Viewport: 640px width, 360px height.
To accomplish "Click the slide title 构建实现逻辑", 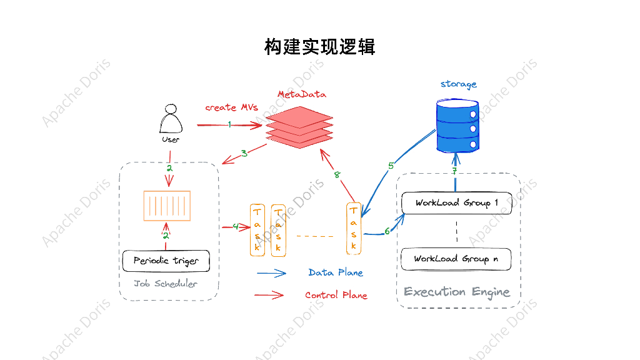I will (x=319, y=47).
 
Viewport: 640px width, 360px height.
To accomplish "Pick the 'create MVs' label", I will (x=231, y=107).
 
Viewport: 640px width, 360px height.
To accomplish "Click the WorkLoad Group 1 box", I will (x=456, y=203).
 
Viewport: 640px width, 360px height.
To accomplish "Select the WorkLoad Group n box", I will (x=456, y=259).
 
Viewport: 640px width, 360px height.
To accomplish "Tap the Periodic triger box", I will (x=166, y=261).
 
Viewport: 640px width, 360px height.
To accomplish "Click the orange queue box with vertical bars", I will (x=167, y=206).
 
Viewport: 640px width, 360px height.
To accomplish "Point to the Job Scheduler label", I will (x=165, y=284).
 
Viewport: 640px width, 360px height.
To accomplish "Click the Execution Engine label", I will (x=457, y=292).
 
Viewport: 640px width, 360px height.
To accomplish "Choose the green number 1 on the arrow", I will (x=229, y=124).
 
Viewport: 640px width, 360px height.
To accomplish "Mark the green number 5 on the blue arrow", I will (x=391, y=166).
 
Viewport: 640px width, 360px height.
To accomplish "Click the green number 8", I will (x=337, y=175).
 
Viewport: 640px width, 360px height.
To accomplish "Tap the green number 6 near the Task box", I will (x=387, y=231).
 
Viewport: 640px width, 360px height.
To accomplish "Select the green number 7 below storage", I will (x=455, y=171).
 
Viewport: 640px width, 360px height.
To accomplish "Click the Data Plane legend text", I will (x=336, y=272).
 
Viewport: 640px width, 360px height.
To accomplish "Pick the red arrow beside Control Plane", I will (x=271, y=295).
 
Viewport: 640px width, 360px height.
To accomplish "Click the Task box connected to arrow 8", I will (x=354, y=229).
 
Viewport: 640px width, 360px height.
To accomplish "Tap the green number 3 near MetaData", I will (x=244, y=153).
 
